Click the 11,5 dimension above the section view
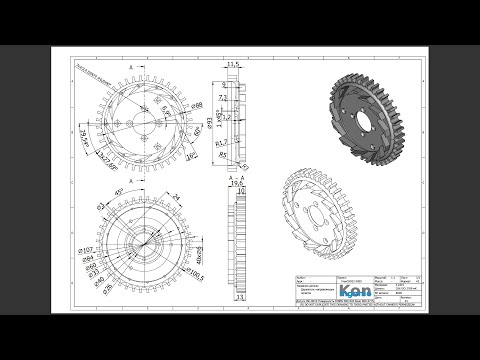click(235, 65)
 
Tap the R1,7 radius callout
click(220, 143)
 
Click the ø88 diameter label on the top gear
click(197, 104)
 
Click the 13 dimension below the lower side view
click(239, 297)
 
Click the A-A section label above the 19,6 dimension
click(238, 174)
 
